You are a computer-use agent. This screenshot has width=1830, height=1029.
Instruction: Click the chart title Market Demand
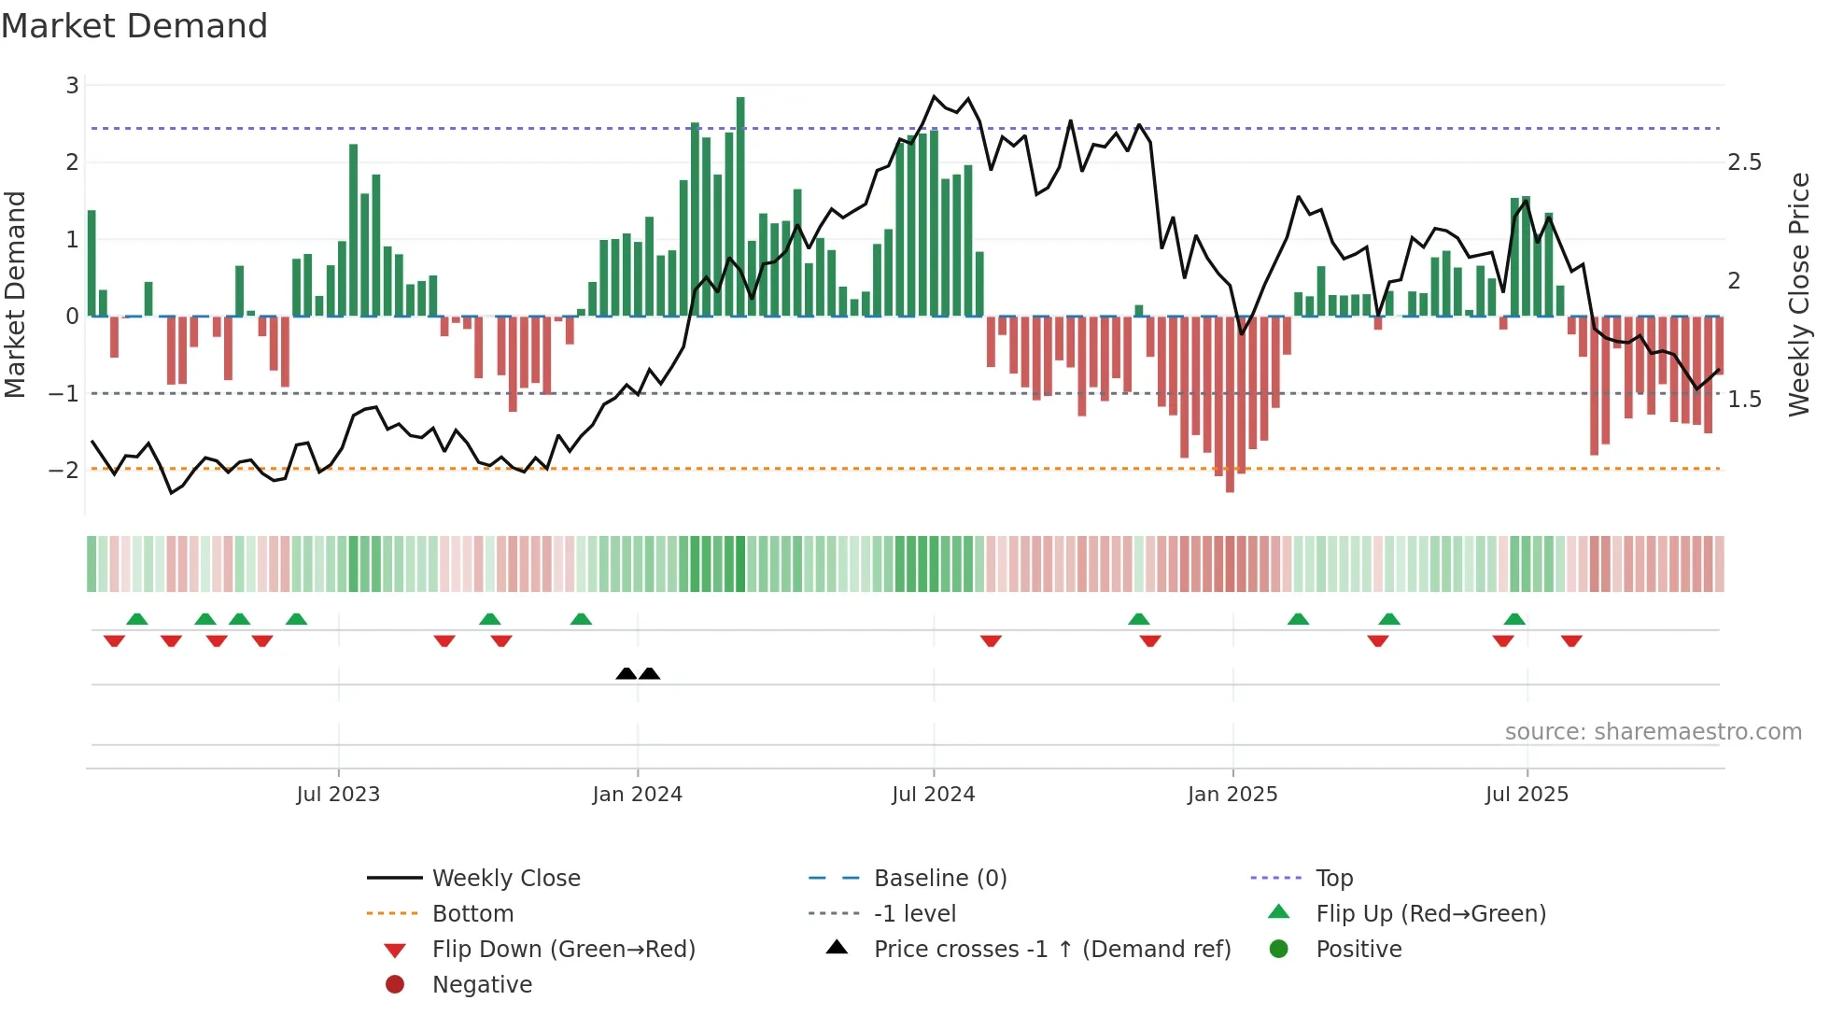pyautogui.click(x=134, y=26)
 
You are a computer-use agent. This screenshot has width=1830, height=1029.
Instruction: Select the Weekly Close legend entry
pyautogui.click(x=505, y=878)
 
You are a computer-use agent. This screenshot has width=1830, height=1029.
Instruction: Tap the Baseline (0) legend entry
pyautogui.click(x=939, y=878)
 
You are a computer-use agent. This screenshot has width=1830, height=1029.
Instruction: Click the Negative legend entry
pyautogui.click(x=482, y=984)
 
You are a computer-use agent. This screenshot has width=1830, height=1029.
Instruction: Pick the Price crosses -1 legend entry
pyautogui.click(x=1051, y=949)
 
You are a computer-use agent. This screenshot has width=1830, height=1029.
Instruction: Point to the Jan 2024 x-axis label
pyautogui.click(x=637, y=794)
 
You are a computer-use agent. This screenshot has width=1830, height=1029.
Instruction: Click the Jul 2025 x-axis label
pyautogui.click(x=1527, y=794)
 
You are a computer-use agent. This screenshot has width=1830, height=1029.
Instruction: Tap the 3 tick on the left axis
pyautogui.click(x=72, y=86)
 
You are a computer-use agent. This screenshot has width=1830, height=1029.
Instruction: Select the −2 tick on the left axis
pyautogui.click(x=64, y=470)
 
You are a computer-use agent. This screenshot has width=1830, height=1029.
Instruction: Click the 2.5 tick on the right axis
pyautogui.click(x=1744, y=162)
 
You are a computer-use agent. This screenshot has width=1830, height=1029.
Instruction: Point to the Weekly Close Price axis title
pyautogui.click(x=1798, y=294)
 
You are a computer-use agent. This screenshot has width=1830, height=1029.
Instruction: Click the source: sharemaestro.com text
pyautogui.click(x=1653, y=731)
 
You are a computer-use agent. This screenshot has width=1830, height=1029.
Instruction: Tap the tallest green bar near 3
pyautogui.click(x=740, y=205)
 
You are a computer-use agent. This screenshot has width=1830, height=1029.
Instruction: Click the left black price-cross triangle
pyautogui.click(x=626, y=673)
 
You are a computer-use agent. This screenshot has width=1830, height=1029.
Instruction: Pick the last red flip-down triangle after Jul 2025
pyautogui.click(x=1571, y=641)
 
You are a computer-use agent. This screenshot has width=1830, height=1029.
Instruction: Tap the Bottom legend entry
pyautogui.click(x=472, y=913)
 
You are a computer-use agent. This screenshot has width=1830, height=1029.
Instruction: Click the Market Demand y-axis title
pyautogui.click(x=16, y=294)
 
